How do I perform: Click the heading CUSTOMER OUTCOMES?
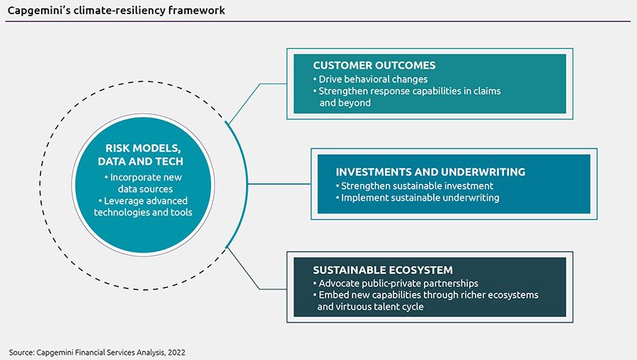point(374,65)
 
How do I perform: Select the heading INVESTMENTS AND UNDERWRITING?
point(430,172)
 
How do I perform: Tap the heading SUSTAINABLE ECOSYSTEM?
point(383,270)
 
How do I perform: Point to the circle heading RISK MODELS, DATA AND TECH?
point(140,155)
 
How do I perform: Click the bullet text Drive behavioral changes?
point(370,79)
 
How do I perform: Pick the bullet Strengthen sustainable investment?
point(415,186)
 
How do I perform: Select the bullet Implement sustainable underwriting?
point(418,197)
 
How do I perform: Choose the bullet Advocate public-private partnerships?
point(396,284)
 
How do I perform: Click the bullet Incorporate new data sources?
point(143,183)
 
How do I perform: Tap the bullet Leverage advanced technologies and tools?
point(143,207)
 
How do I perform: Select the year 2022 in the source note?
point(176,352)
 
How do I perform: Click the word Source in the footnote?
point(21,352)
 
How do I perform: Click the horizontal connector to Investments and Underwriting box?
point(279,184)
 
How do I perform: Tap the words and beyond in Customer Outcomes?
point(345,103)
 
